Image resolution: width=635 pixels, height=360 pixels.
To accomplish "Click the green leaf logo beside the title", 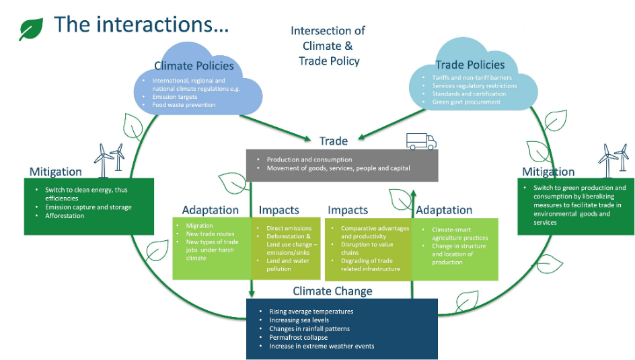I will pyautogui.click(x=30, y=28).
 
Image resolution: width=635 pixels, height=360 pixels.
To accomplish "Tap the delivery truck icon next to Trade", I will pyautogui.click(x=421, y=141).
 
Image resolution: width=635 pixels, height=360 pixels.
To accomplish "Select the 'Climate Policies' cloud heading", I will pyautogui.click(x=194, y=65).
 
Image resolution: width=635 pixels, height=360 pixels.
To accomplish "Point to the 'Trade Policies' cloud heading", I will pyautogui.click(x=470, y=65).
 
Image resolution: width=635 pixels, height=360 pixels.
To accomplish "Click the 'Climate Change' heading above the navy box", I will pyautogui.click(x=332, y=291).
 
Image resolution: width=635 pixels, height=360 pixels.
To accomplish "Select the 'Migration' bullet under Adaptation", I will pyautogui.click(x=199, y=225).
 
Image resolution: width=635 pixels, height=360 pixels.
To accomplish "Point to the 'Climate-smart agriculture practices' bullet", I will pyautogui.click(x=459, y=233).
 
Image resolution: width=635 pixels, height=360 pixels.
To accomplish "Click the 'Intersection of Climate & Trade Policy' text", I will pyautogui.click(x=328, y=46).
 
